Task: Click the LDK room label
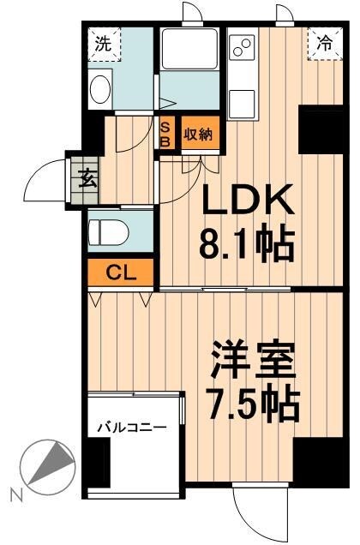tap(249, 203)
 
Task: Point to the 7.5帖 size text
tap(255, 401)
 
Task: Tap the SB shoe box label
tap(166, 133)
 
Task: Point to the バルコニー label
tap(131, 426)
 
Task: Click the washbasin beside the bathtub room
tap(100, 89)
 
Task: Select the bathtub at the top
tap(189, 51)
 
